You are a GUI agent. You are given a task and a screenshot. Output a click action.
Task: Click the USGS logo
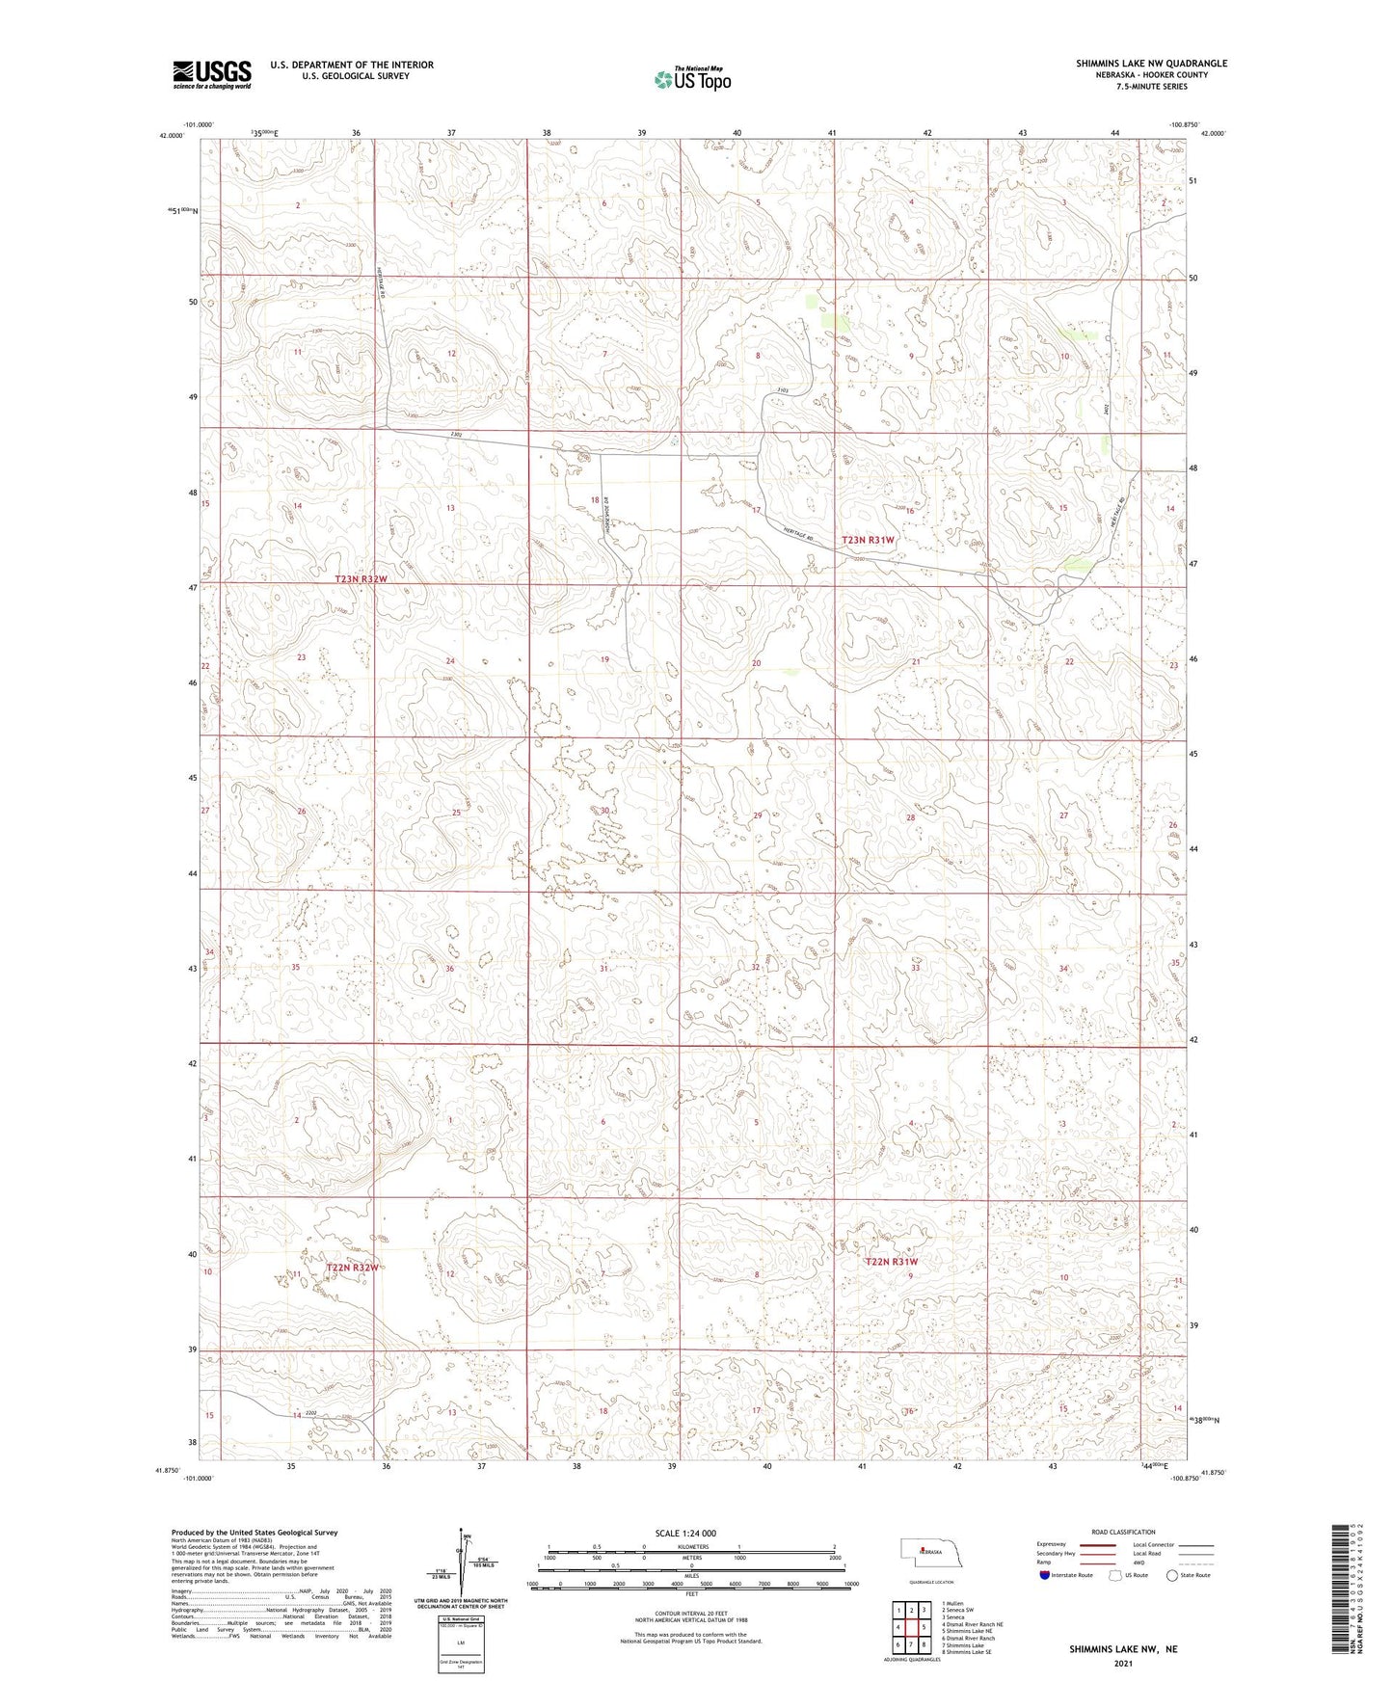click(212, 74)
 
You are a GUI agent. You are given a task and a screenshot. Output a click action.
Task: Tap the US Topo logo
click(691, 79)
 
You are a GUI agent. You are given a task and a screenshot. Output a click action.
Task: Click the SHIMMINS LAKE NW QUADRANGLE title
click(1151, 64)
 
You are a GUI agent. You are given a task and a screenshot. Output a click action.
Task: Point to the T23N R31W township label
click(869, 541)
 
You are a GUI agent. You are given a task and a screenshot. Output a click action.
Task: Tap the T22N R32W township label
click(352, 1267)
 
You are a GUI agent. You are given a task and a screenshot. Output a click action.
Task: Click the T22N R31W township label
click(892, 1262)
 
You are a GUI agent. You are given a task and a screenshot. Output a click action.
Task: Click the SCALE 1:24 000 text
click(685, 1534)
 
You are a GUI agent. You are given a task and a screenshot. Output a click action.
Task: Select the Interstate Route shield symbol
click(1045, 1575)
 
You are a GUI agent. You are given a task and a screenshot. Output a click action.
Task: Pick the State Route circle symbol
click(1172, 1575)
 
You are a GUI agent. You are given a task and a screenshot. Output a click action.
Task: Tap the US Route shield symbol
click(1117, 1575)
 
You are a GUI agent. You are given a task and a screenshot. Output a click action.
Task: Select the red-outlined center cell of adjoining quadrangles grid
click(911, 1627)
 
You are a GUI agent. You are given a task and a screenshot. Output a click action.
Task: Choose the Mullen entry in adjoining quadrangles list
click(953, 1604)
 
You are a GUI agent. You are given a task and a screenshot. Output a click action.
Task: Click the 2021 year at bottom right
click(1122, 1664)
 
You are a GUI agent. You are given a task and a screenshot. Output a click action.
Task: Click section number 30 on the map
click(604, 812)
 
